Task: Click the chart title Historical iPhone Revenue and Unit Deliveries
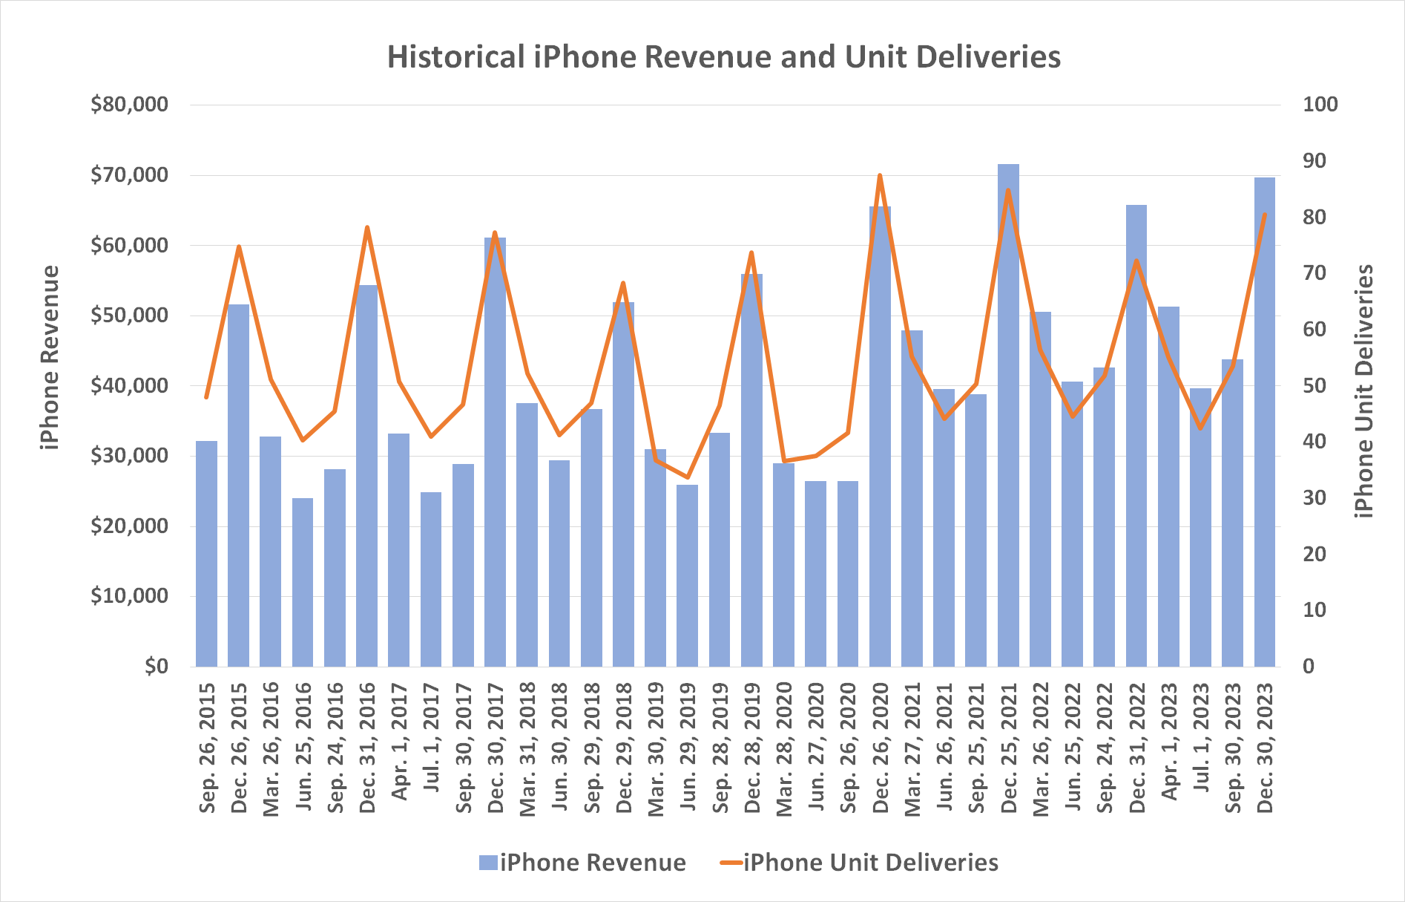click(x=723, y=57)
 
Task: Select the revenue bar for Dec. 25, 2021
click(x=1008, y=416)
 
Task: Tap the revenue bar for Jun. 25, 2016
click(x=303, y=583)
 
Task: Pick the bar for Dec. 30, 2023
click(x=1265, y=423)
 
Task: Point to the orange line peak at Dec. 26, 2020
click(x=880, y=176)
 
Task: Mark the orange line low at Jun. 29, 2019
click(x=688, y=477)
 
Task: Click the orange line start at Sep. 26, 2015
click(x=206, y=398)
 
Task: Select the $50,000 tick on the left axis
click(x=129, y=316)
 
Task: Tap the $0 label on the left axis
click(x=156, y=667)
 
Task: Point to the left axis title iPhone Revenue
click(x=50, y=358)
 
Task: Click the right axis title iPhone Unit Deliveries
click(x=1363, y=391)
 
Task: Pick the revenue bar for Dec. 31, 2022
click(x=1136, y=436)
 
